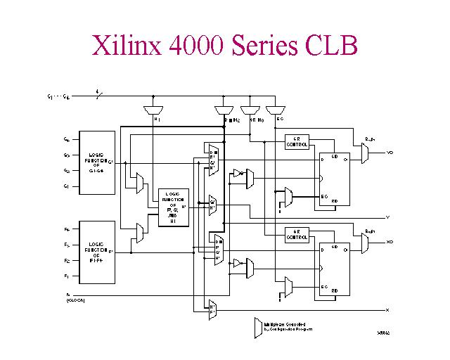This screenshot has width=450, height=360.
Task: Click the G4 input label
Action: point(67,140)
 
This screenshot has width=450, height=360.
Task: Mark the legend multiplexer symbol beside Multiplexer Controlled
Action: point(257,327)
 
